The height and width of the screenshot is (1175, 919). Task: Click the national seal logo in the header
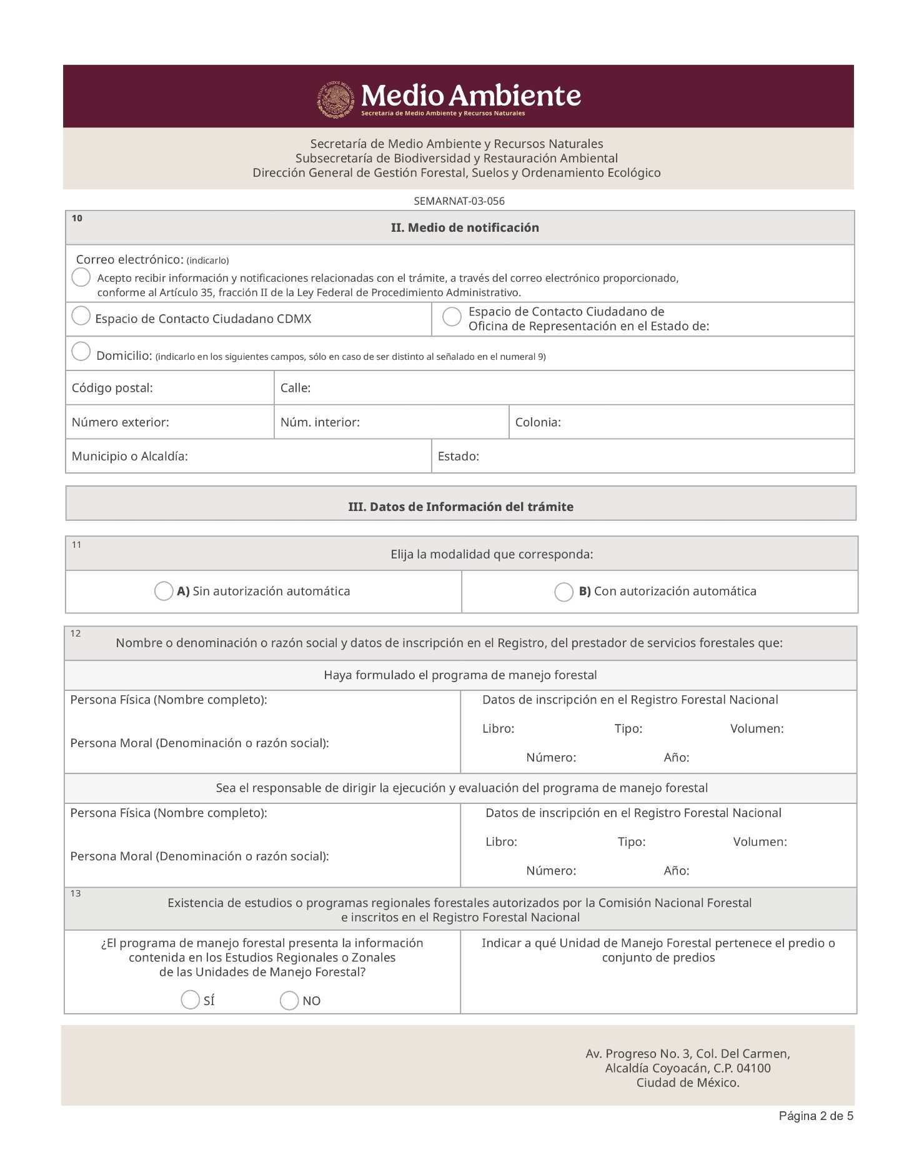coord(338,99)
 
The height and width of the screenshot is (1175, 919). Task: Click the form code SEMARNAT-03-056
coord(459,201)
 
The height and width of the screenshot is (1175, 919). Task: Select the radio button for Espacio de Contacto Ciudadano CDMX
coord(81,316)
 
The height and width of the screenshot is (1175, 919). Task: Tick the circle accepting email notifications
coord(81,277)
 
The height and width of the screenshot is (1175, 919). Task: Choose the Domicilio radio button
coord(81,352)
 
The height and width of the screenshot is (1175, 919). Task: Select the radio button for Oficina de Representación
coord(452,317)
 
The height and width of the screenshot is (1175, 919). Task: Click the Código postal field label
coord(112,388)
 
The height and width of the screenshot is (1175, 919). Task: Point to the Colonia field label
coord(538,422)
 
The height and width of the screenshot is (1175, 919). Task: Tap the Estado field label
coord(459,457)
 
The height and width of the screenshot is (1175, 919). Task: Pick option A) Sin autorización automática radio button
coord(164,591)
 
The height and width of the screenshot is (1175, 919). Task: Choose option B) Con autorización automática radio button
coord(564,592)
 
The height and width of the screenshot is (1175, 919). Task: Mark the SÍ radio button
coord(190,1000)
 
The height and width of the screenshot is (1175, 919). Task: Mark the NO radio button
coord(289,1001)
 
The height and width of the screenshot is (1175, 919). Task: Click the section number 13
coord(76,894)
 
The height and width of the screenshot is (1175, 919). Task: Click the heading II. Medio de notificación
coord(465,228)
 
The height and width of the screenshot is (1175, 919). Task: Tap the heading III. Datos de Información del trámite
coord(460,507)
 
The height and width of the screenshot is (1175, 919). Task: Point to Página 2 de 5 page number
coord(816,1116)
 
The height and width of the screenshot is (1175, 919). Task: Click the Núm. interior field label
coord(320,422)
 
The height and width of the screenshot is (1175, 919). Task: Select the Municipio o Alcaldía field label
coord(130,457)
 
